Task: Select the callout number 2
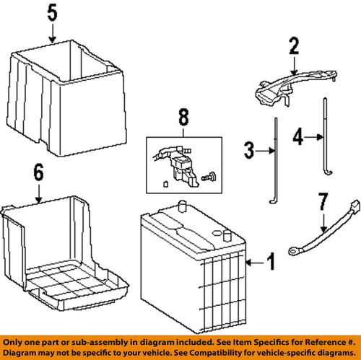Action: (293, 47)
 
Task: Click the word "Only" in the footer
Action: (12, 339)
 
